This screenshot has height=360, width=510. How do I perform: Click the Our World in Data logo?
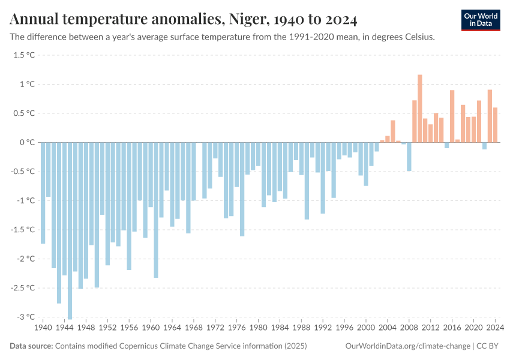(480, 20)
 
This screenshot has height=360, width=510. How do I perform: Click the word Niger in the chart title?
(246, 20)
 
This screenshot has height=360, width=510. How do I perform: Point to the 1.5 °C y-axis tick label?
(25, 55)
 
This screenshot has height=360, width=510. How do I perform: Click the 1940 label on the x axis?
(43, 328)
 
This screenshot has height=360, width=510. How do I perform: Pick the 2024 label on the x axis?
(495, 328)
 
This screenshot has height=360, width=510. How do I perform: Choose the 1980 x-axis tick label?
(258, 328)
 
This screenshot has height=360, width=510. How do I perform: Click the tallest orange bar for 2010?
(420, 109)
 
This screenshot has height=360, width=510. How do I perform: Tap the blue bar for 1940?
(43, 193)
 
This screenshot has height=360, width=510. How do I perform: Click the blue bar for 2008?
(409, 157)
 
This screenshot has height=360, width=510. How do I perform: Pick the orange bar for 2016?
(452, 116)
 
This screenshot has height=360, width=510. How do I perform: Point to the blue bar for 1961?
(156, 209)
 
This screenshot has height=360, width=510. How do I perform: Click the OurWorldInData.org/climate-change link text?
(407, 346)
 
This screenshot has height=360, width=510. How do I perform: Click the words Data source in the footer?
(31, 346)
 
